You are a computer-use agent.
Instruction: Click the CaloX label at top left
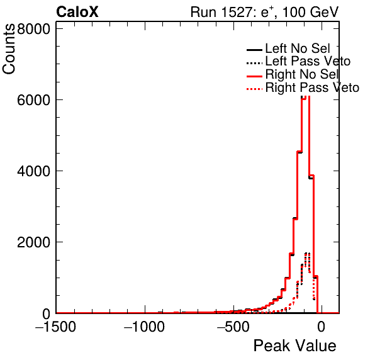pyautogui.click(x=77, y=12)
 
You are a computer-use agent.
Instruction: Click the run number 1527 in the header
pyautogui.click(x=237, y=12)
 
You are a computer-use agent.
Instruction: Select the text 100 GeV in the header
pyautogui.click(x=310, y=12)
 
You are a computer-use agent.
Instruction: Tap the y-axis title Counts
pyautogui.click(x=9, y=49)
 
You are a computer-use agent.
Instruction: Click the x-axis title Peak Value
pyautogui.click(x=294, y=346)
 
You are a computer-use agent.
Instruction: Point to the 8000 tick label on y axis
pyautogui.click(x=34, y=29)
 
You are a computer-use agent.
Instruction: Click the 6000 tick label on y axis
pyautogui.click(x=34, y=100)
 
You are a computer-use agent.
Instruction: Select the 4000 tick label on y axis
pyautogui.click(x=34, y=171)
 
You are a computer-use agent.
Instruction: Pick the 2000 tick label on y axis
pyautogui.click(x=34, y=242)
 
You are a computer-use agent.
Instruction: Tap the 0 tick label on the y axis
pyautogui.click(x=47, y=314)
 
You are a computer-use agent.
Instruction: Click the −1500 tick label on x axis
pyautogui.click(x=56, y=327)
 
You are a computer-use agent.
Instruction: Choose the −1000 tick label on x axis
pyautogui.click(x=145, y=327)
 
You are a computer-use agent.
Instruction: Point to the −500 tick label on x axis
pyautogui.click(x=233, y=327)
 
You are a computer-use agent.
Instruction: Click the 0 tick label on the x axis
pyautogui.click(x=322, y=327)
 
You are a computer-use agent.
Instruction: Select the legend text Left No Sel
pyautogui.click(x=298, y=48)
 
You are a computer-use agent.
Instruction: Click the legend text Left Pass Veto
pyautogui.click(x=308, y=61)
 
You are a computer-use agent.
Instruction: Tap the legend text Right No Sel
pyautogui.click(x=302, y=74)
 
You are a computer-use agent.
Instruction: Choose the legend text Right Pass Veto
pyautogui.click(x=312, y=87)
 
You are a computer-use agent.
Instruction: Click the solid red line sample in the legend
pyautogui.click(x=254, y=76)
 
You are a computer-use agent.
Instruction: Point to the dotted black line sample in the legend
pyautogui.click(x=254, y=63)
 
